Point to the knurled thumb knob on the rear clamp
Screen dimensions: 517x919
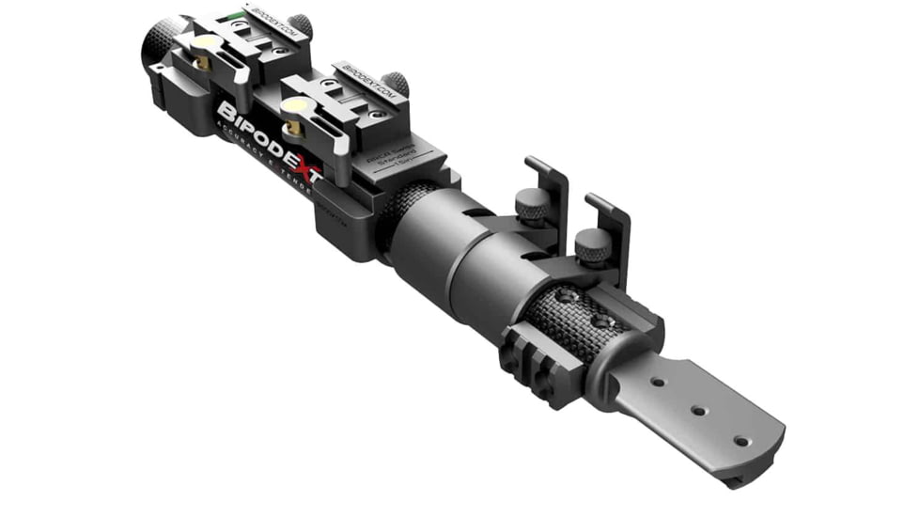click(x=301, y=25)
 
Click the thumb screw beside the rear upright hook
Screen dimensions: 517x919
click(x=532, y=206)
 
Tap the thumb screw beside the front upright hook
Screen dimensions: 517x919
click(x=593, y=245)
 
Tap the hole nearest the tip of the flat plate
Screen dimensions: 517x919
click(x=740, y=440)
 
